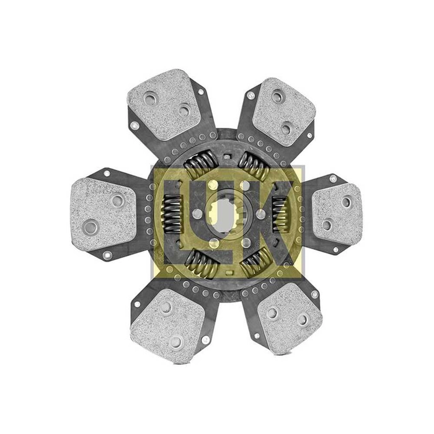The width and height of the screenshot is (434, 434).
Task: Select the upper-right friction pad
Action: [x=284, y=112]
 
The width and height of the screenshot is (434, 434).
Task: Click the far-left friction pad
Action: [x=103, y=214]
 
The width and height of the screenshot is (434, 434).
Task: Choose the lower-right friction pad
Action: [x=290, y=318]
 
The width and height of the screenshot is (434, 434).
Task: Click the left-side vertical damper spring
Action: [x=172, y=214]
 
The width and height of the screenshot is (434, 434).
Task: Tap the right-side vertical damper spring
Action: [x=280, y=215]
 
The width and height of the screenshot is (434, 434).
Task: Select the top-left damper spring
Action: [x=201, y=165]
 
